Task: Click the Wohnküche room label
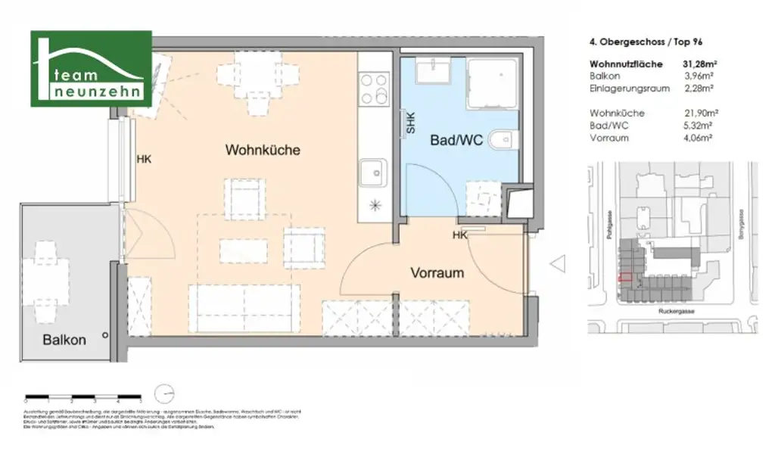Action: click(x=263, y=150)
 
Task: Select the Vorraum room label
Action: click(x=437, y=272)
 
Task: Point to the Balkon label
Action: click(x=64, y=340)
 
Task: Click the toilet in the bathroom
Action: click(x=503, y=141)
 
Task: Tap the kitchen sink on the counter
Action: click(x=372, y=173)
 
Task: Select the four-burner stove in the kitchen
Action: click(x=373, y=89)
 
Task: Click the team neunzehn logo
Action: click(x=91, y=69)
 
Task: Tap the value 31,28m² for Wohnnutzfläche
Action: click(x=701, y=64)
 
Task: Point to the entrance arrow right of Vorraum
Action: click(x=558, y=264)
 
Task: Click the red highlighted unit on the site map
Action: click(x=625, y=278)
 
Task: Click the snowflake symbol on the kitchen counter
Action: click(x=373, y=205)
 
